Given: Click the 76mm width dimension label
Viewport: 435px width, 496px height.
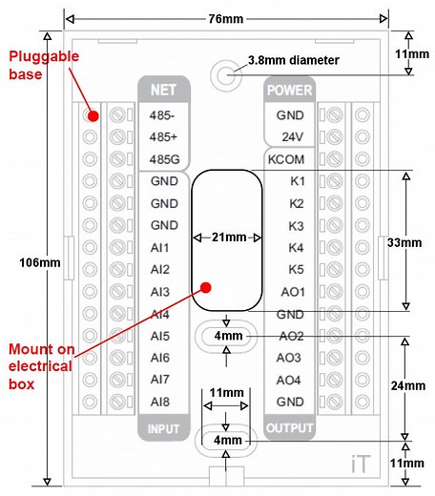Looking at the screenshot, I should click(227, 18).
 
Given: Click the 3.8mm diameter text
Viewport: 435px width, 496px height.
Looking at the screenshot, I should click(292, 60).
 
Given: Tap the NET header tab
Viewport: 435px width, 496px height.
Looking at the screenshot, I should click(163, 91).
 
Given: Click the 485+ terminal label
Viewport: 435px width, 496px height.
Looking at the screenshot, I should click(164, 136).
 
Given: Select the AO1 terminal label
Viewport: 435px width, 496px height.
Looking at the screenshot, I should click(291, 291).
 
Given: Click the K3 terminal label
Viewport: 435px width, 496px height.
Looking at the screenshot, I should click(297, 225).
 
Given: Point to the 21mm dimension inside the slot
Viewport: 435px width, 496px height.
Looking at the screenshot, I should click(226, 237).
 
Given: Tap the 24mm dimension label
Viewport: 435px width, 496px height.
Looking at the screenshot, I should click(405, 386).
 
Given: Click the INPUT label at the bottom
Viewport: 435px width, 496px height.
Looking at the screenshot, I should click(163, 427).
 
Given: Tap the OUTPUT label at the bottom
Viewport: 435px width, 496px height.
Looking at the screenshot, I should click(289, 427).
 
